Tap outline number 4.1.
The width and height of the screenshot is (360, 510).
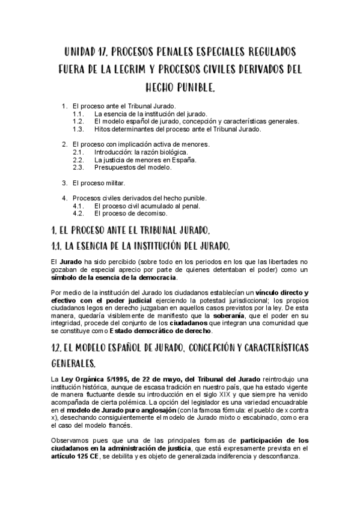coord(78,206)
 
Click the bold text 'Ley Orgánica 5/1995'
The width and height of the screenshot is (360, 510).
coord(90,379)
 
